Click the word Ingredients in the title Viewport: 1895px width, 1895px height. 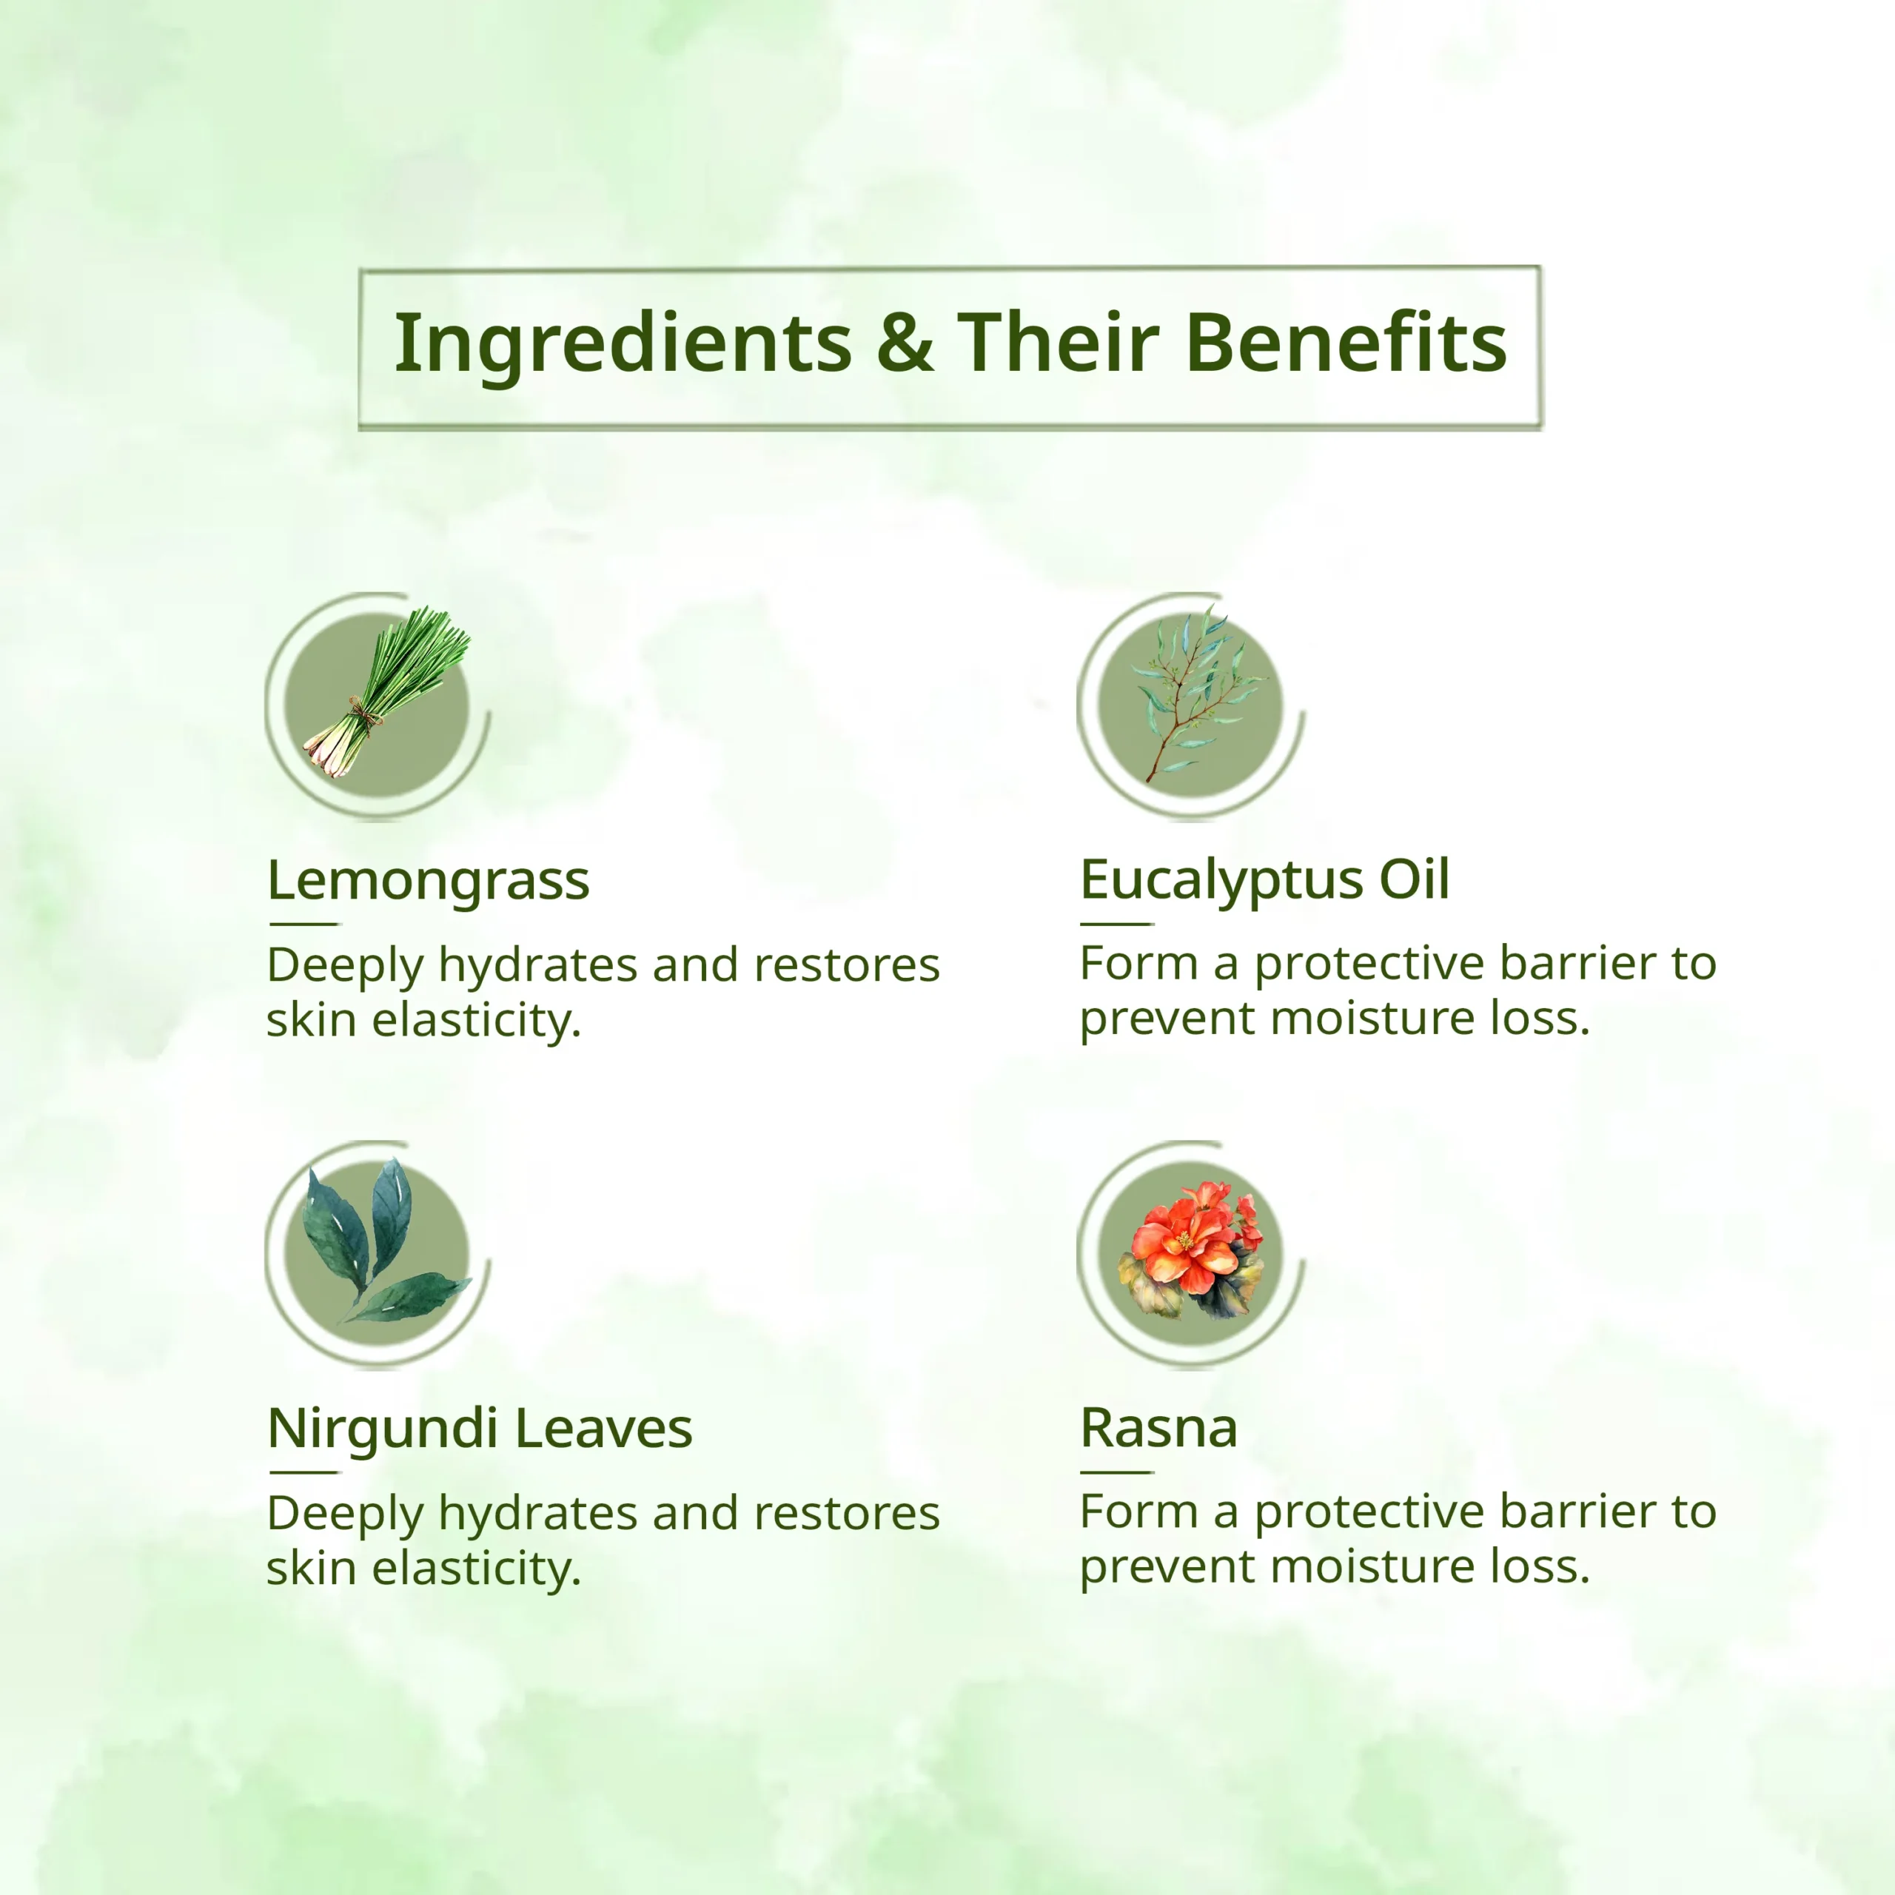[x=623, y=344]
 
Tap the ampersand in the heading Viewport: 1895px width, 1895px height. [x=905, y=342]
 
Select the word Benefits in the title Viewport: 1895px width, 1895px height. [x=1346, y=342]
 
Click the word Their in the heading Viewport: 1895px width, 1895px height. [x=1059, y=341]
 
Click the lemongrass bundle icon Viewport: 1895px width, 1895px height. [x=386, y=691]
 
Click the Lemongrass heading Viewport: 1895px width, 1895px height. [x=429, y=881]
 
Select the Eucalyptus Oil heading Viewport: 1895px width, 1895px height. [x=1264, y=880]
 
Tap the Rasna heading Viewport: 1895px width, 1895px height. [x=1158, y=1428]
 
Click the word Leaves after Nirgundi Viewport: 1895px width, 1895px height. [x=603, y=1428]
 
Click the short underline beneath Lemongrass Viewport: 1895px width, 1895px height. [x=304, y=923]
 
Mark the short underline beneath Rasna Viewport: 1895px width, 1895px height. [x=1117, y=1472]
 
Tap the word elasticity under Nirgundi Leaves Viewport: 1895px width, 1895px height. [x=477, y=1569]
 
